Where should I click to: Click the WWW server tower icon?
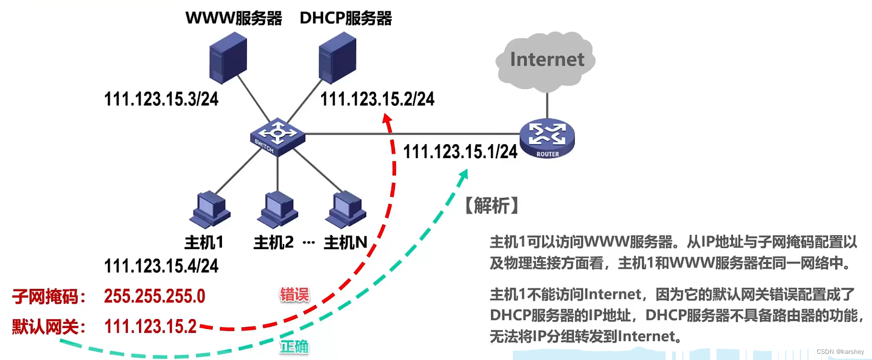[228, 57]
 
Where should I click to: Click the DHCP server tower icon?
[337, 57]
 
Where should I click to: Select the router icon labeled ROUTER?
[547, 139]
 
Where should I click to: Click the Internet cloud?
[546, 61]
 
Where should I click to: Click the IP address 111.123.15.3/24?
[161, 99]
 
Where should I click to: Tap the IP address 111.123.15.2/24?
[377, 99]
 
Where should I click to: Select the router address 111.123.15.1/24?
[460, 152]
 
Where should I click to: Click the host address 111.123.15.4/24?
[161, 266]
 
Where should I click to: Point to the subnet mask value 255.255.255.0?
[154, 296]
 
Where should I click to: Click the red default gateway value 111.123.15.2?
[150, 326]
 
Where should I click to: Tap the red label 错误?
[295, 295]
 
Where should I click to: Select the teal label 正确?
[295, 347]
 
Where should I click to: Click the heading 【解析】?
[491, 206]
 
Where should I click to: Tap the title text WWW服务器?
[234, 18]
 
